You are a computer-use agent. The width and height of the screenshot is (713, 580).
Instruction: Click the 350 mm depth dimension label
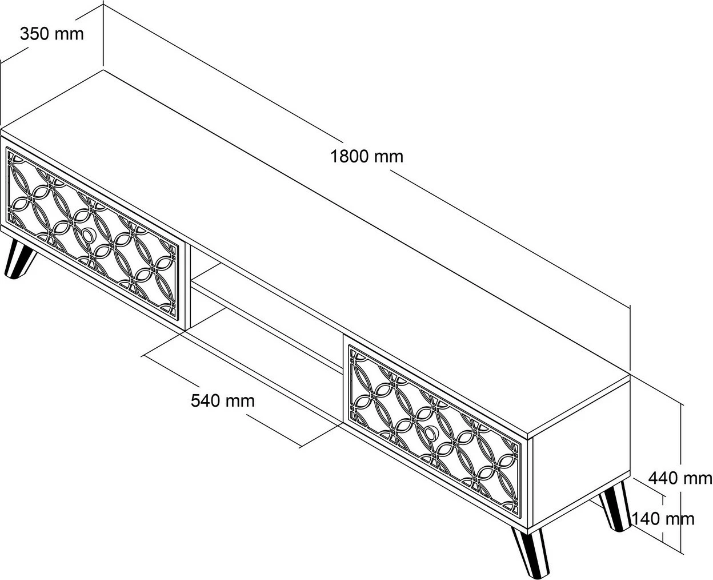point(52,34)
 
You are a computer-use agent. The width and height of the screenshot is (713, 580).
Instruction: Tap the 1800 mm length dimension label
point(367,157)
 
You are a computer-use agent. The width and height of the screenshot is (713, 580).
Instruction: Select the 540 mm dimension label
point(223,401)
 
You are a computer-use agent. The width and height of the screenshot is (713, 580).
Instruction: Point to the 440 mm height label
point(680,478)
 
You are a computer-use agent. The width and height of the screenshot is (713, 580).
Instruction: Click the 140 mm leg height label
point(663,519)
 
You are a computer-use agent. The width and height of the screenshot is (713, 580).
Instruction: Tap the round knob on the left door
point(89,235)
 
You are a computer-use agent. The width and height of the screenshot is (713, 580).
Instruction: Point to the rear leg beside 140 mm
point(614,506)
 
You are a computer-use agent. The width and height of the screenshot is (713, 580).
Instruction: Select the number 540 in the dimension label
point(206,401)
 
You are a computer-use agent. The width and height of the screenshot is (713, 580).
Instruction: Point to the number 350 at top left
point(35,34)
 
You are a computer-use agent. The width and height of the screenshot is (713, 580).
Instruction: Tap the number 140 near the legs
point(646,519)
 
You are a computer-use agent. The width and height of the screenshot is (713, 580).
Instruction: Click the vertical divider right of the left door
point(188,287)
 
